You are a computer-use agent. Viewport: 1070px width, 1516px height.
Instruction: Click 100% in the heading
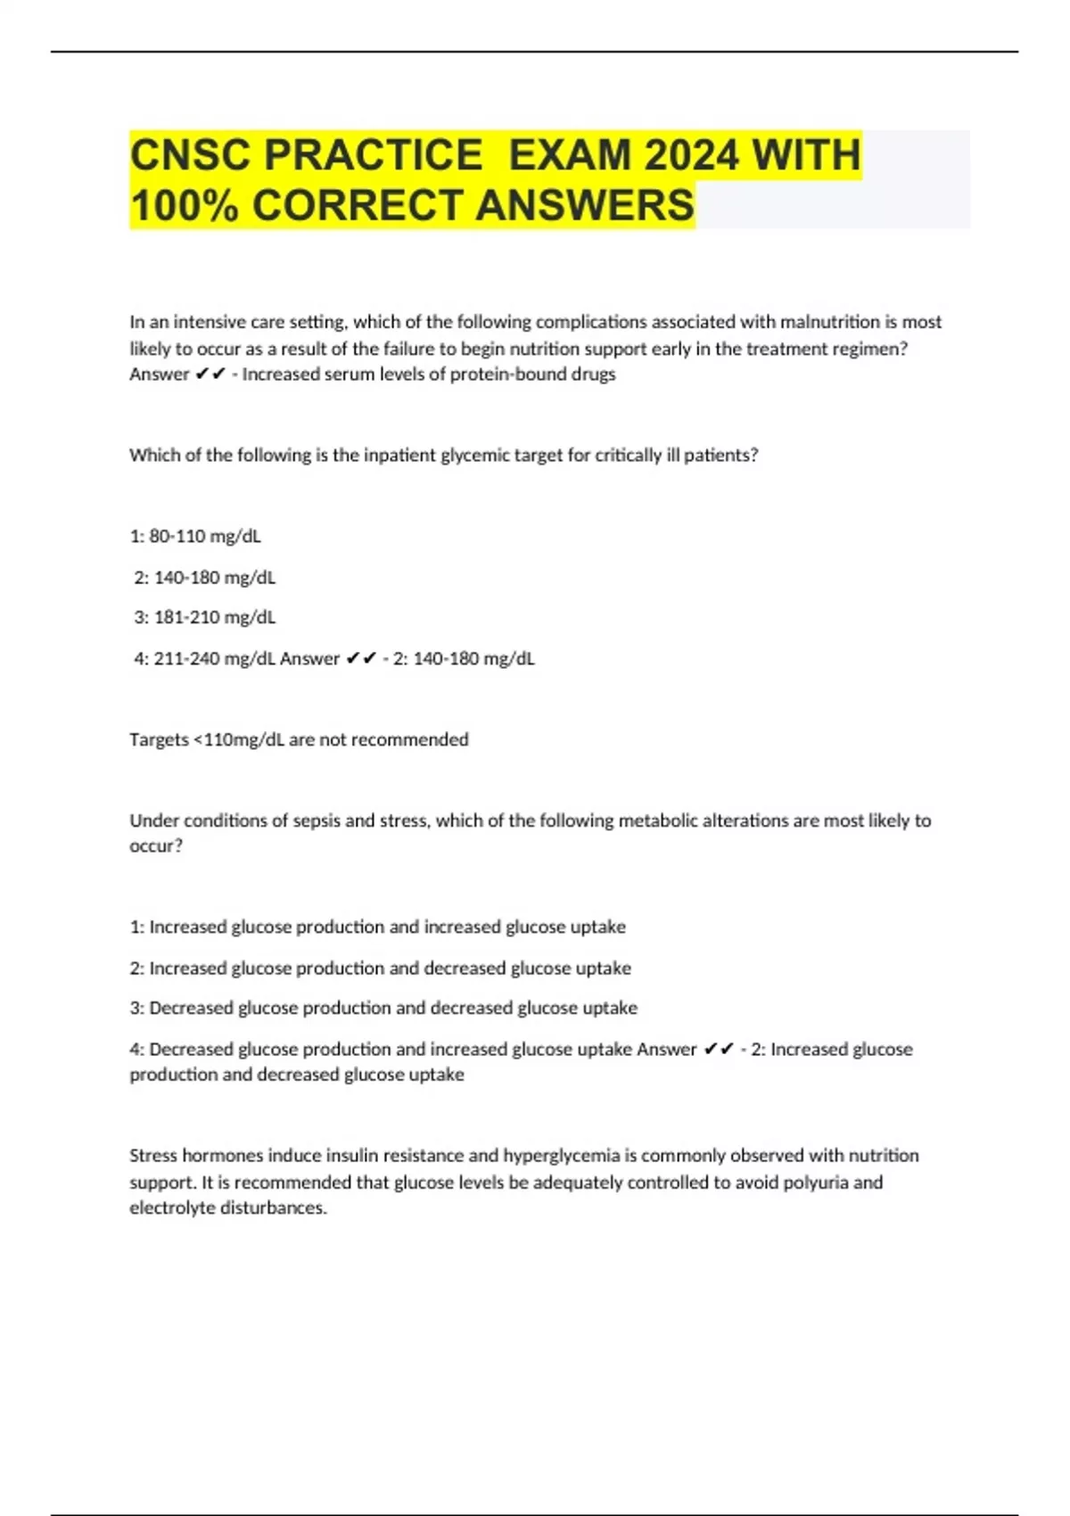coord(185,205)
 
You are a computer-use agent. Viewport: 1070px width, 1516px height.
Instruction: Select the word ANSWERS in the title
coord(585,205)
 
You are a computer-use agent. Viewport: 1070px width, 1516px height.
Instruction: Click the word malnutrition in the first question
coord(830,322)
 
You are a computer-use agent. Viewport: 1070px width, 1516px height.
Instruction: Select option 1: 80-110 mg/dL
coord(195,536)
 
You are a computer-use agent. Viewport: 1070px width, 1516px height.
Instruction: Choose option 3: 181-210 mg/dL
coord(204,617)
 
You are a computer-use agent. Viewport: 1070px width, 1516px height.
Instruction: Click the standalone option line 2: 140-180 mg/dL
coord(204,578)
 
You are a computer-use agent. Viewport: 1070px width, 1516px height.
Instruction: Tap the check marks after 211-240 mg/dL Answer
coord(361,659)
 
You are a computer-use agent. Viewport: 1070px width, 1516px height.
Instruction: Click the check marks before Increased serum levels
coord(210,375)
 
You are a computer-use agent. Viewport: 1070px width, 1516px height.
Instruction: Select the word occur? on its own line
coord(156,846)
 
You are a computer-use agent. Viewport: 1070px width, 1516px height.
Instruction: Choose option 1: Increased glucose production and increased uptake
coord(378,927)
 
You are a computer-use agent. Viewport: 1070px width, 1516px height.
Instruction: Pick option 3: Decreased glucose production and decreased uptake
coord(383,1008)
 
